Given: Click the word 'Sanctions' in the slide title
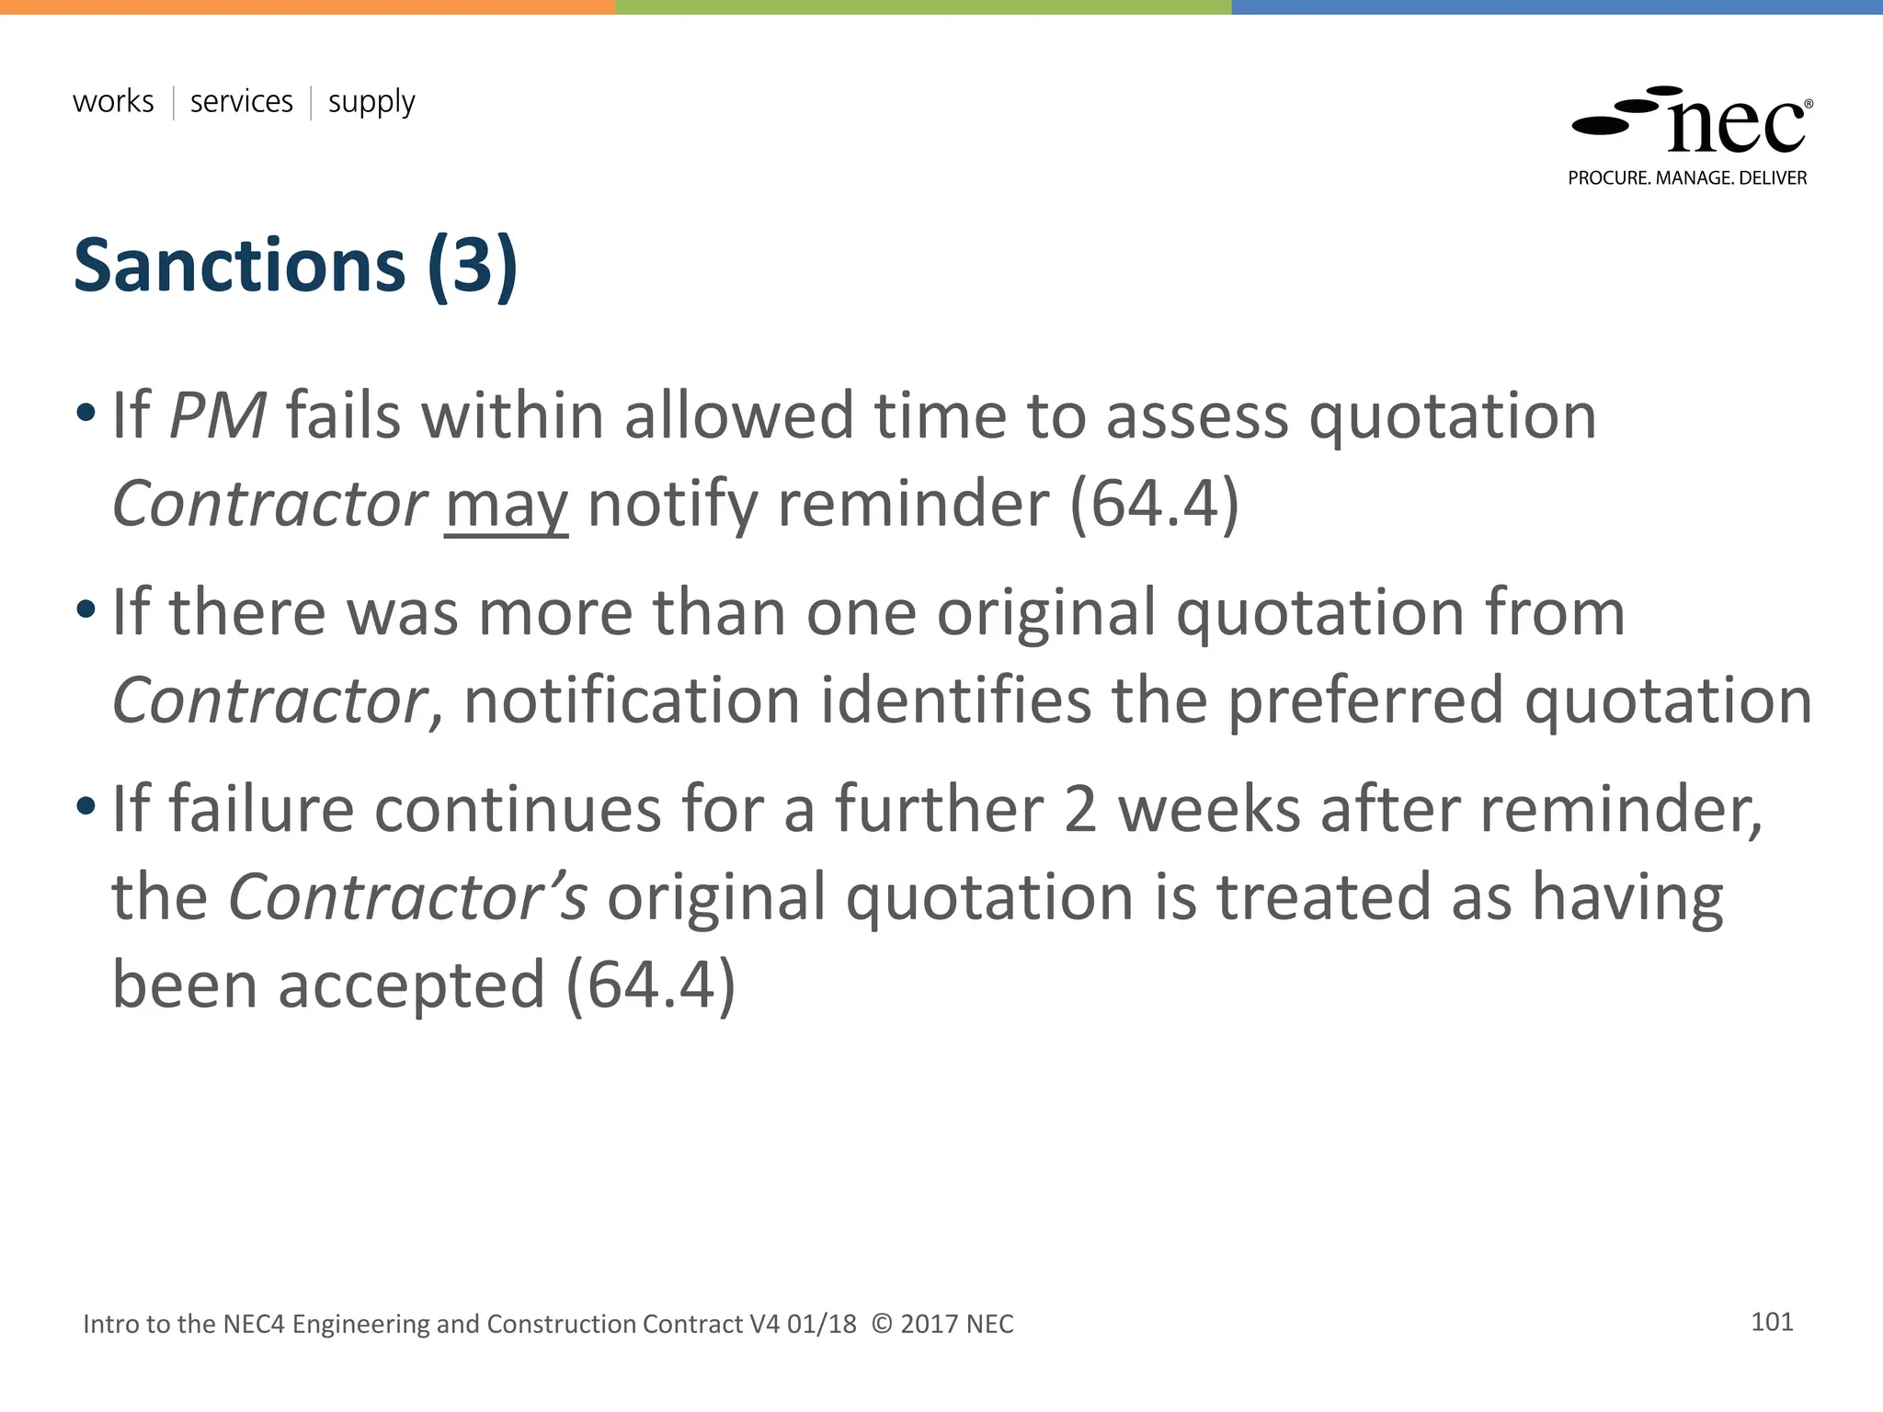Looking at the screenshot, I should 239,266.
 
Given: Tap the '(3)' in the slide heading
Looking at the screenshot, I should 473,266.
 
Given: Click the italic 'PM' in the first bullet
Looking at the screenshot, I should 219,416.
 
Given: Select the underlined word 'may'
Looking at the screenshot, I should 506,506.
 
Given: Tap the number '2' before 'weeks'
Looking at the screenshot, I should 1079,809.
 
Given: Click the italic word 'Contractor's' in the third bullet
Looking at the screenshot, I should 407,897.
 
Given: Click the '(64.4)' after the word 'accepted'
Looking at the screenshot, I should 651,985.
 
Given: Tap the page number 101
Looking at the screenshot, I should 1772,1322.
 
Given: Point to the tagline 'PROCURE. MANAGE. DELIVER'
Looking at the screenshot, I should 1687,178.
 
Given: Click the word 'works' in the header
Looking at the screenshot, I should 113,101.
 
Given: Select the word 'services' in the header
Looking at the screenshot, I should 241,101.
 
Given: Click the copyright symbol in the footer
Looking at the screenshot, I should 881,1324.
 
